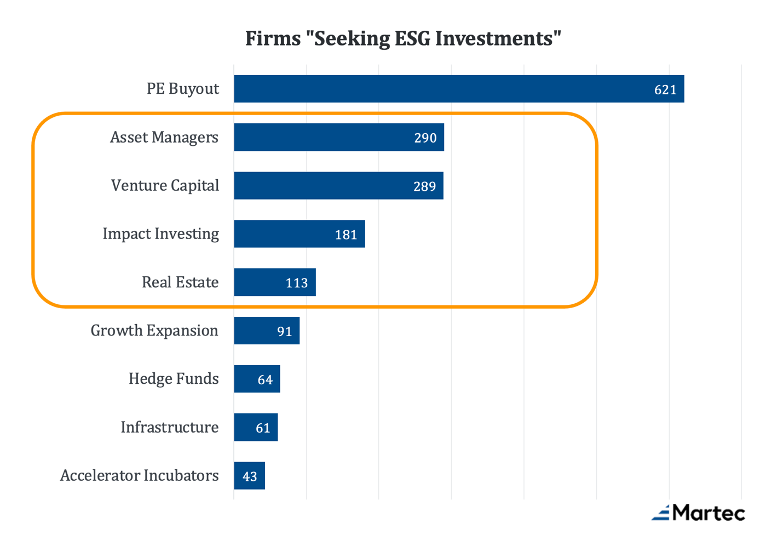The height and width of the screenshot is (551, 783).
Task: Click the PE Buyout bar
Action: [459, 89]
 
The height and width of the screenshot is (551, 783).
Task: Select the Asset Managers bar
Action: [339, 137]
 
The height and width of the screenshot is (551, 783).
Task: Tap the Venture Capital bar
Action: [338, 185]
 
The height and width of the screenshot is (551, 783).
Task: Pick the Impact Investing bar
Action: [300, 234]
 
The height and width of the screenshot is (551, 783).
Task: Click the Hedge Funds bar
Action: [257, 379]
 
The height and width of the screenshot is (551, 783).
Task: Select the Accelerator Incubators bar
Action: [249, 475]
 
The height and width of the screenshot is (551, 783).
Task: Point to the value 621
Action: [665, 89]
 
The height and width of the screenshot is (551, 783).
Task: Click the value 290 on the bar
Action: [425, 138]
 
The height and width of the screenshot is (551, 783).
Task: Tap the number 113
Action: [296, 283]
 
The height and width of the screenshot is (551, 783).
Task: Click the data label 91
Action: [284, 331]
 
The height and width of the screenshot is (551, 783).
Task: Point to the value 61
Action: [263, 428]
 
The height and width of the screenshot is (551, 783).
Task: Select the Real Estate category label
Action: [180, 282]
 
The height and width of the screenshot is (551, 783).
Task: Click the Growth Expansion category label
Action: [154, 330]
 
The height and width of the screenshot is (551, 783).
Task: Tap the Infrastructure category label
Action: [170, 427]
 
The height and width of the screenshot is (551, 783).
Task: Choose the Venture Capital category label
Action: [165, 185]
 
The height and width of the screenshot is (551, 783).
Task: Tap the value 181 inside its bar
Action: [346, 235]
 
